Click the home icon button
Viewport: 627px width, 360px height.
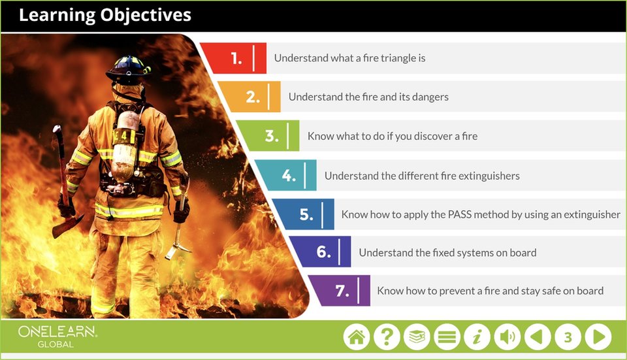coord(357,336)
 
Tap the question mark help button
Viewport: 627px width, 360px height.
coord(387,336)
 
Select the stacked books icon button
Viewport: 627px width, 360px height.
coord(417,336)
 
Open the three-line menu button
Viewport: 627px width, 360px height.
coord(447,336)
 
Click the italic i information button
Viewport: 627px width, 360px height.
coord(477,336)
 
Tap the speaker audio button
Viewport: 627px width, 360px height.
coord(507,336)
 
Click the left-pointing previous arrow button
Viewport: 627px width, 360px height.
coord(538,336)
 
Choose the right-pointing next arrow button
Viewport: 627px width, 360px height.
coord(598,336)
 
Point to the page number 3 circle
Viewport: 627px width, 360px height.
coord(568,336)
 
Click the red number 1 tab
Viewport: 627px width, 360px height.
coord(236,58)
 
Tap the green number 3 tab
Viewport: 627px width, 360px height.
coord(270,136)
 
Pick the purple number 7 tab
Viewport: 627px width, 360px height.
coord(341,291)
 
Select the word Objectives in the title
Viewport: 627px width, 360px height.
coord(146,15)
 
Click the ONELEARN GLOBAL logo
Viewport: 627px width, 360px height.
coord(57,336)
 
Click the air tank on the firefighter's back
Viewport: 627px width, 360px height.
coord(125,146)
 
